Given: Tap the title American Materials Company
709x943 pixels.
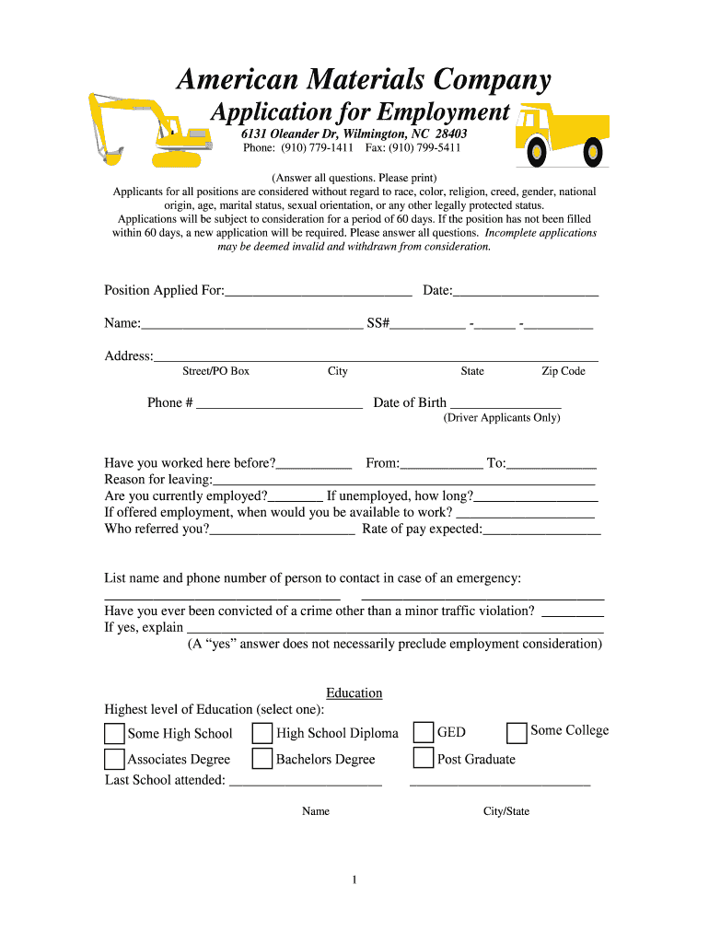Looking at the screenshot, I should (364, 80).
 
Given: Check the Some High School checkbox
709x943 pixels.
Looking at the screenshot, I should (114, 733).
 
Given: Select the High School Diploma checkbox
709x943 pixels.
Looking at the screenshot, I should (262, 733).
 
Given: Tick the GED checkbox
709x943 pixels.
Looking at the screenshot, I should (424, 732).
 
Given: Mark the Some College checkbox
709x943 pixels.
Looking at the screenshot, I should (517, 732).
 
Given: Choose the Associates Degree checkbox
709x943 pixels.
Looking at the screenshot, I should (114, 759).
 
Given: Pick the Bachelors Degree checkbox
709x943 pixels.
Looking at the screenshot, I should (262, 759).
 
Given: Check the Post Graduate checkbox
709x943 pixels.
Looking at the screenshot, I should (424, 758).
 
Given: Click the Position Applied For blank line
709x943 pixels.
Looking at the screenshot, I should (318, 292).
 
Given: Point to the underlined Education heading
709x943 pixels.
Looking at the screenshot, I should (354, 693).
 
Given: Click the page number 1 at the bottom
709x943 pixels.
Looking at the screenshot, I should (354, 880).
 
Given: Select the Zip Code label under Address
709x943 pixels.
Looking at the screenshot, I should (563, 371).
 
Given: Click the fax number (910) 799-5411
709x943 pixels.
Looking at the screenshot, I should (424, 147).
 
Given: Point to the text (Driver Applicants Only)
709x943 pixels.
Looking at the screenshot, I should (502, 418).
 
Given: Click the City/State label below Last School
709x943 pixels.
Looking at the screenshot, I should (506, 811).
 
